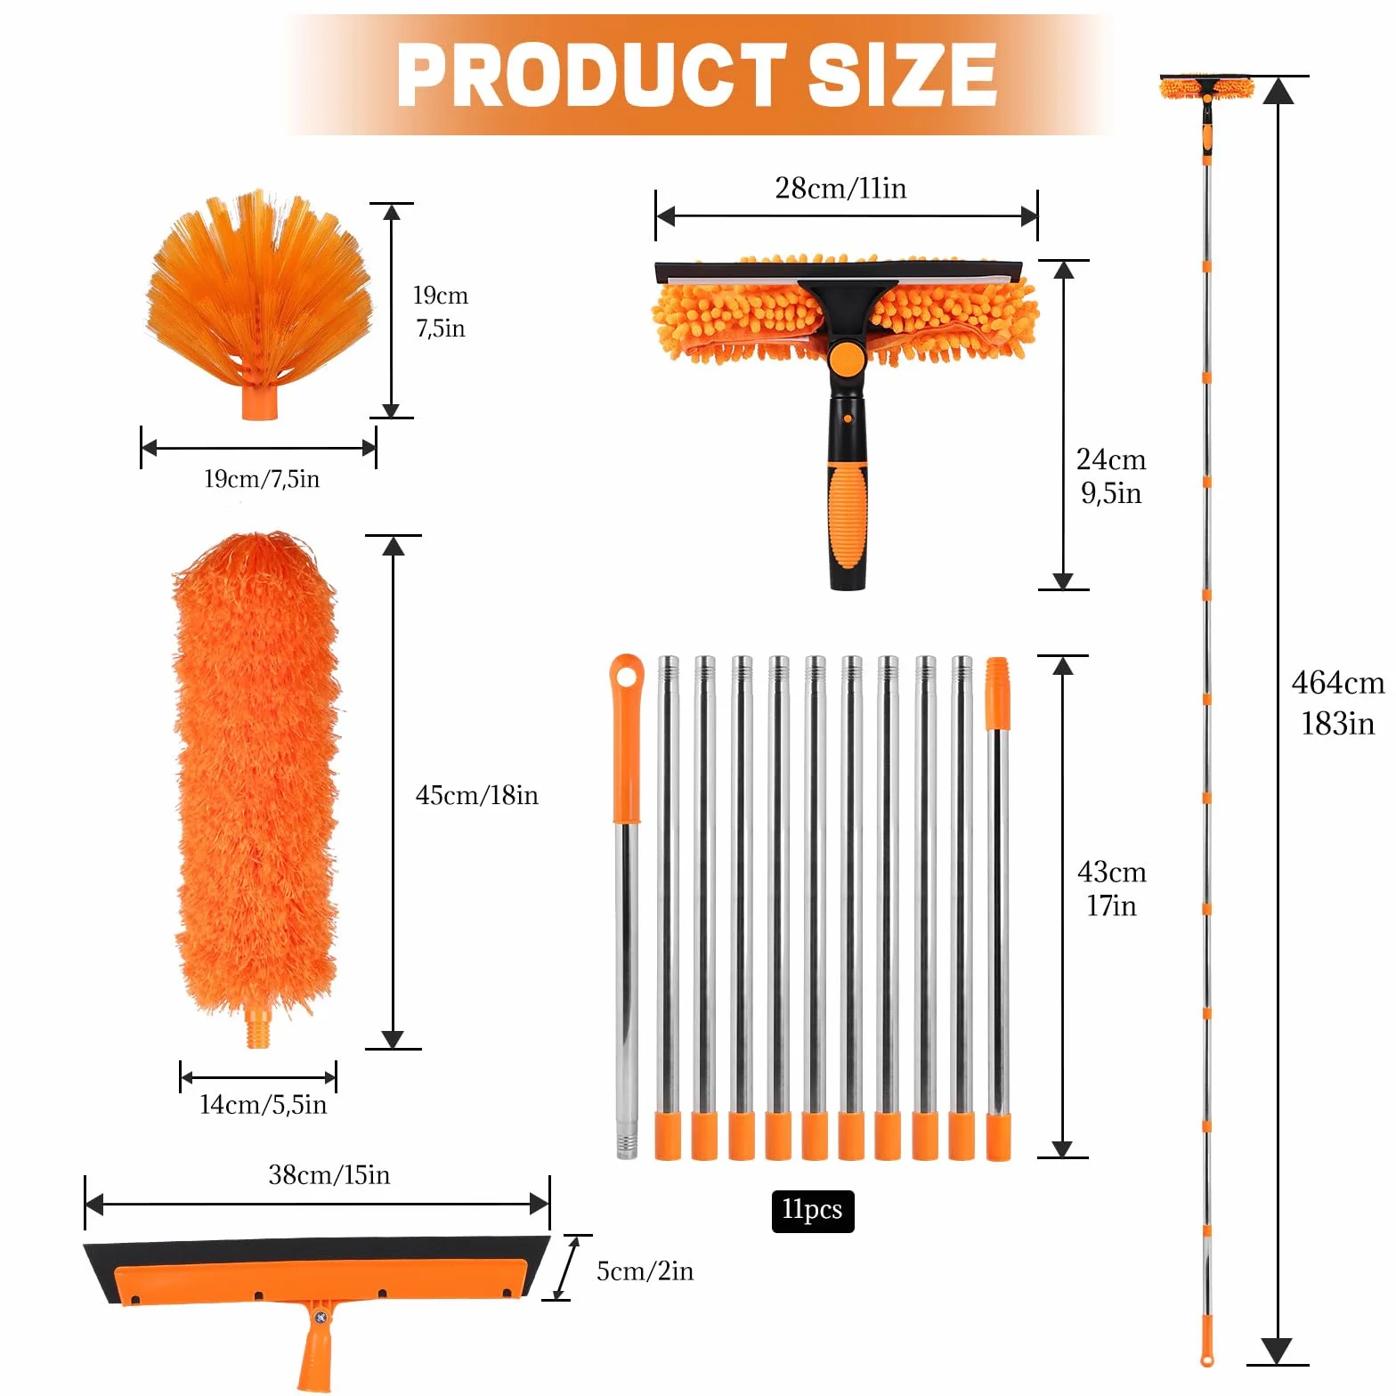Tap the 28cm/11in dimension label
(x=840, y=189)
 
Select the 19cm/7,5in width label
(x=262, y=479)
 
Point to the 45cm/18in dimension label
(x=477, y=795)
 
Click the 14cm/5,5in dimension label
(x=263, y=1105)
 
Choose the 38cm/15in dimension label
(x=329, y=1175)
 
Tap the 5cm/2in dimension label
(x=645, y=1271)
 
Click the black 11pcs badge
(x=812, y=1211)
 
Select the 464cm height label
(x=1338, y=683)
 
